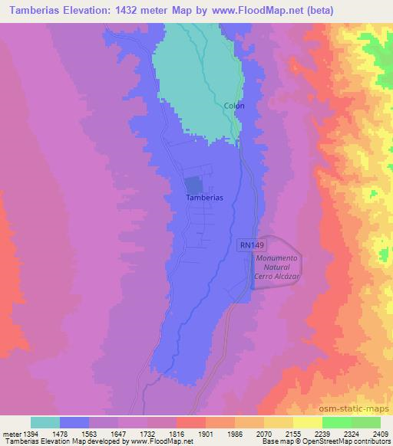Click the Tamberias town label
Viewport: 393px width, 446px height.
click(x=204, y=197)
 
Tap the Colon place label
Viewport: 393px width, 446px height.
click(x=234, y=106)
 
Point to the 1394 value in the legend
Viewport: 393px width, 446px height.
click(x=30, y=433)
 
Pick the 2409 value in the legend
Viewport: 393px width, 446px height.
click(x=380, y=433)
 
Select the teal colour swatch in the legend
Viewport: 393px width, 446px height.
click(x=45, y=422)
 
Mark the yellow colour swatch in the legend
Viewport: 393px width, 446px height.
click(x=308, y=422)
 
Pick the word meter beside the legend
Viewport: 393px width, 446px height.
click(x=10, y=433)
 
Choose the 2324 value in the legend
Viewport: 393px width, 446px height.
click(x=336, y=433)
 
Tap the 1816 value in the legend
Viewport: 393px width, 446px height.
click(x=161, y=433)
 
